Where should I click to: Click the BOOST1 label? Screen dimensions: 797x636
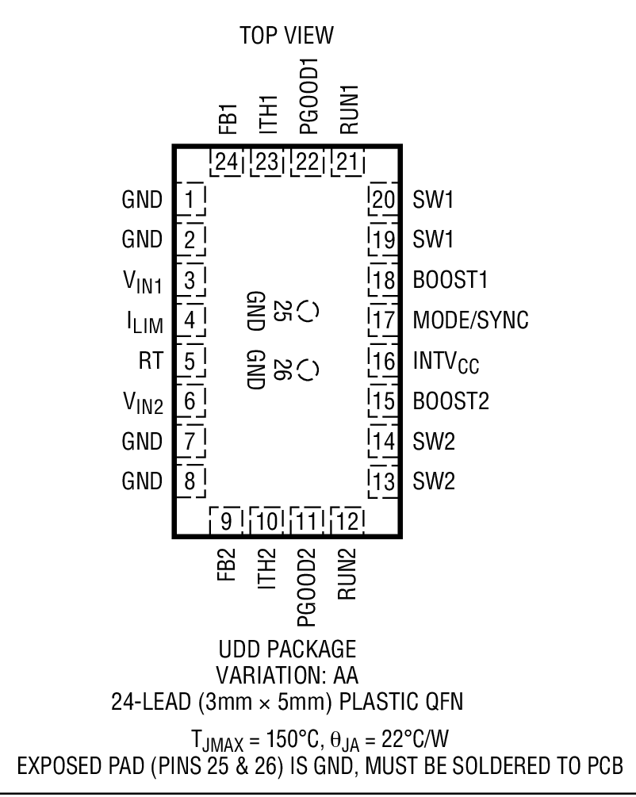point(450,280)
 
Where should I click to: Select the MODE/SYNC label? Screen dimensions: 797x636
point(470,320)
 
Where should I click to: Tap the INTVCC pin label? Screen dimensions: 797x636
point(446,362)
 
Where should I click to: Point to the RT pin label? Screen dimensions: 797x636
point(149,361)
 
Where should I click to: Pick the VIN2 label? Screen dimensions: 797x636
point(143,403)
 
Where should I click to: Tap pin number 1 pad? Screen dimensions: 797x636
point(189,198)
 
